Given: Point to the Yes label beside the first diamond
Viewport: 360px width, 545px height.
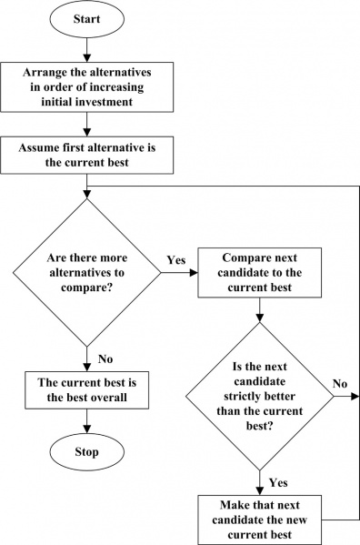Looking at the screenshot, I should [176, 260].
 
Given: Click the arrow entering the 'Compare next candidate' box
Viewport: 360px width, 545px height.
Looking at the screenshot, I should [186, 272].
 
